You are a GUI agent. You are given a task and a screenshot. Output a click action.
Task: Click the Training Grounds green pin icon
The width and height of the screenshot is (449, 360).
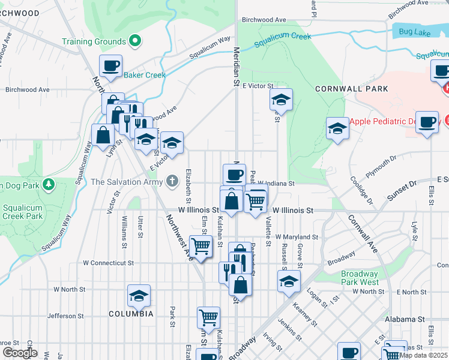136,41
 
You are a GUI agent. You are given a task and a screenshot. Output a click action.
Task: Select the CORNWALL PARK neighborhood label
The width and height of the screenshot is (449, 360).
351,89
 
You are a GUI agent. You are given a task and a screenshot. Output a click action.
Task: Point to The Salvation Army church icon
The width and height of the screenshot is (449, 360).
173,181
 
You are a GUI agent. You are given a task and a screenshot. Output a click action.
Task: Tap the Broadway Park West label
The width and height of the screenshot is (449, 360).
360,278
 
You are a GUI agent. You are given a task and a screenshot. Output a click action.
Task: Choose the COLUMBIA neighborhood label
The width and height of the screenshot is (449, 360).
131,314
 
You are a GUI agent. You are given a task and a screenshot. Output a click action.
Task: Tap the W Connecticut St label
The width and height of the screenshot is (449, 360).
107,263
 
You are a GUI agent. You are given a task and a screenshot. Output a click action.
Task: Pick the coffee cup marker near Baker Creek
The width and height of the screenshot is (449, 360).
110,65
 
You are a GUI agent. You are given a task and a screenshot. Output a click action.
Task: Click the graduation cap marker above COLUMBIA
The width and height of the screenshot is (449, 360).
139,295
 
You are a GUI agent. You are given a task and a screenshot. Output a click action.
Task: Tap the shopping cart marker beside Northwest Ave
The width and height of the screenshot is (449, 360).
200,245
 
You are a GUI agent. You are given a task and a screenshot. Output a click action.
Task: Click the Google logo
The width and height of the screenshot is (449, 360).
19,353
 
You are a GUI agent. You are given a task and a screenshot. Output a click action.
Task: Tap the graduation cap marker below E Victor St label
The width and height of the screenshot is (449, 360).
280,99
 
